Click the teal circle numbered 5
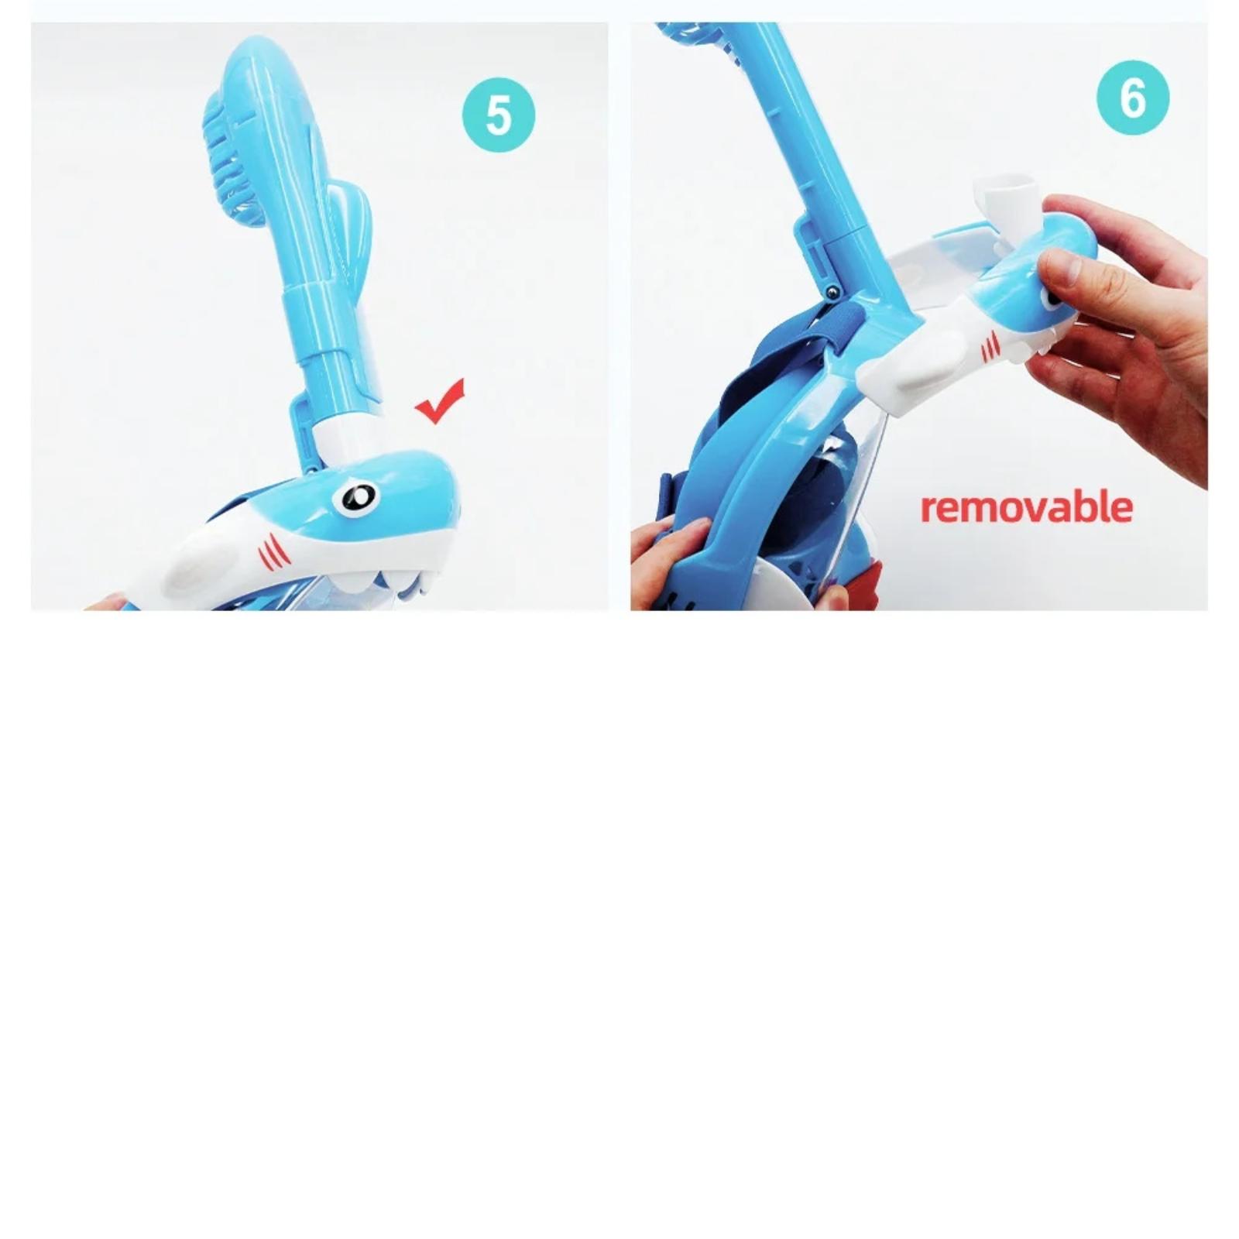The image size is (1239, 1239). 499,115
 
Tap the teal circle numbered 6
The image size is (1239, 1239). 1133,98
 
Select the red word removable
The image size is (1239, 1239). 1027,507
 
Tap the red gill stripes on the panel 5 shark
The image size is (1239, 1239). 272,551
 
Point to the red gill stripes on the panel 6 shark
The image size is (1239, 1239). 991,348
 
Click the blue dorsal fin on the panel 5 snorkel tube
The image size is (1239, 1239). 352,236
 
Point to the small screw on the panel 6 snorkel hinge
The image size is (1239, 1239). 832,290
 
